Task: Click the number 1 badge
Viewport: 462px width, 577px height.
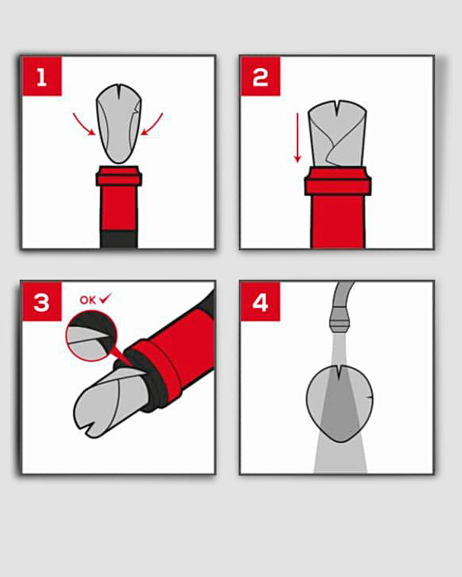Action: [42, 76]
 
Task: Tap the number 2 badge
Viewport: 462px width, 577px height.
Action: [261, 76]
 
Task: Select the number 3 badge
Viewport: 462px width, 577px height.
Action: [42, 302]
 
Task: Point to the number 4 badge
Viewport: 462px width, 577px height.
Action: [261, 302]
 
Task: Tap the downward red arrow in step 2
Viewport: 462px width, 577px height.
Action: [297, 137]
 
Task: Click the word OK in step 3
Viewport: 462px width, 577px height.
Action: [88, 300]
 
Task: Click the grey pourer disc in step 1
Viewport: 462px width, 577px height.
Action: [119, 124]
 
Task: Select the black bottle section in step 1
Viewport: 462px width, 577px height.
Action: [119, 240]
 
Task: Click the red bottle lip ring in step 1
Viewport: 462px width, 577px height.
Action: [119, 176]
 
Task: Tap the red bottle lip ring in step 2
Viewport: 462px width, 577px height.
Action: [338, 181]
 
